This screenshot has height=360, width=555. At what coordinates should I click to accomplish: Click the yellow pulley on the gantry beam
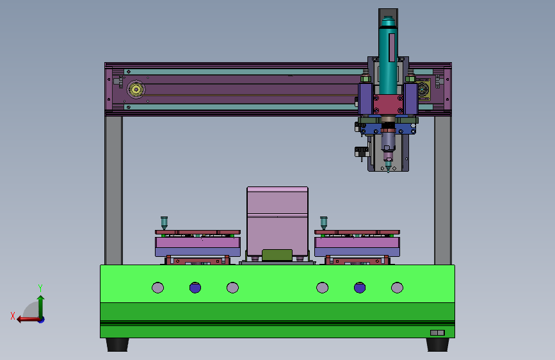coord(136,89)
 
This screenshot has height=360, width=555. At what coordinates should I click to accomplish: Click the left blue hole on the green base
coord(195,288)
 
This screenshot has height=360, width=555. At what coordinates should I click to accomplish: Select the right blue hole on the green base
coord(360,288)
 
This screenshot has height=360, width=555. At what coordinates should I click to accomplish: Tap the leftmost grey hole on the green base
coord(158,288)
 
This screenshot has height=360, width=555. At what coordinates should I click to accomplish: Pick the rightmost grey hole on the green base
coord(397,288)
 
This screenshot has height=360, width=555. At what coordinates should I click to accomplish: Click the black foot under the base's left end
coord(117,345)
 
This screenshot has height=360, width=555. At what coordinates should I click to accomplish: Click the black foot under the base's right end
coord(437,345)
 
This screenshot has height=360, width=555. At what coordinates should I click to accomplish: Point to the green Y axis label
coord(40,288)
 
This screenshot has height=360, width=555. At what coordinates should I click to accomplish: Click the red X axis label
coord(13,316)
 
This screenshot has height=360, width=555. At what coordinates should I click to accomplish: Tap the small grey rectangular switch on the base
coord(437,332)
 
